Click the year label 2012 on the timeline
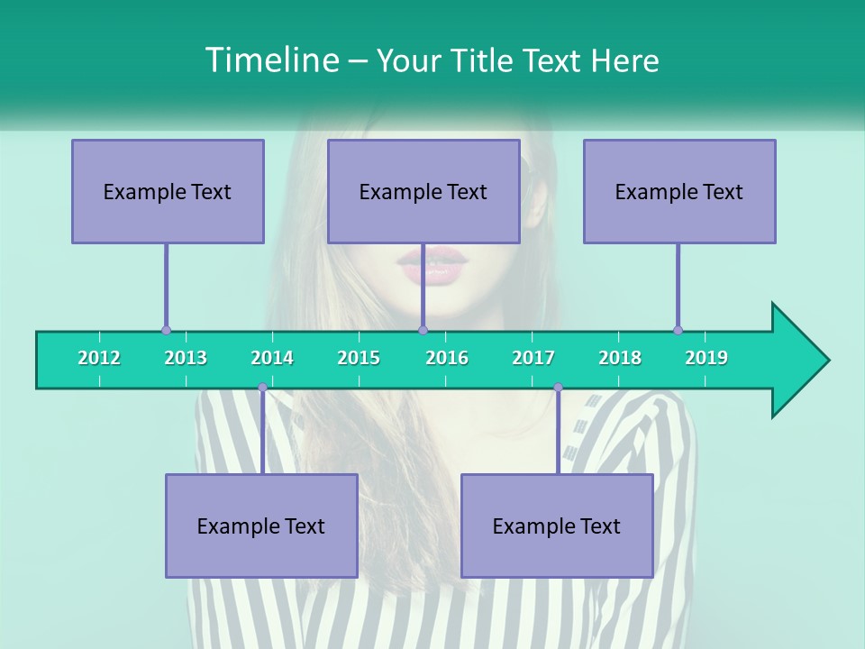tap(99, 358)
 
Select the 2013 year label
tap(186, 358)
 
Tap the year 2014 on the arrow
tap(272, 358)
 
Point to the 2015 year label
tap(359, 358)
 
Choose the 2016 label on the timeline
tap(447, 358)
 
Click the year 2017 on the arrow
tap(533, 358)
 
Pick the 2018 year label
tap(620, 358)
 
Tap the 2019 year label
tap(706, 358)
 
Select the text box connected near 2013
tap(168, 191)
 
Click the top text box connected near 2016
tap(423, 191)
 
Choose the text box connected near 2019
tap(679, 191)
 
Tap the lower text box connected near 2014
tap(261, 526)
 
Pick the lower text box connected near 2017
tap(557, 526)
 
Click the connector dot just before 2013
tap(166, 330)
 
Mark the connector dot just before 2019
tap(678, 330)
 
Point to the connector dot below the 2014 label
tap(262, 388)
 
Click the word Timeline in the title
tap(270, 60)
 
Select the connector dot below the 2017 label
tap(558, 388)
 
